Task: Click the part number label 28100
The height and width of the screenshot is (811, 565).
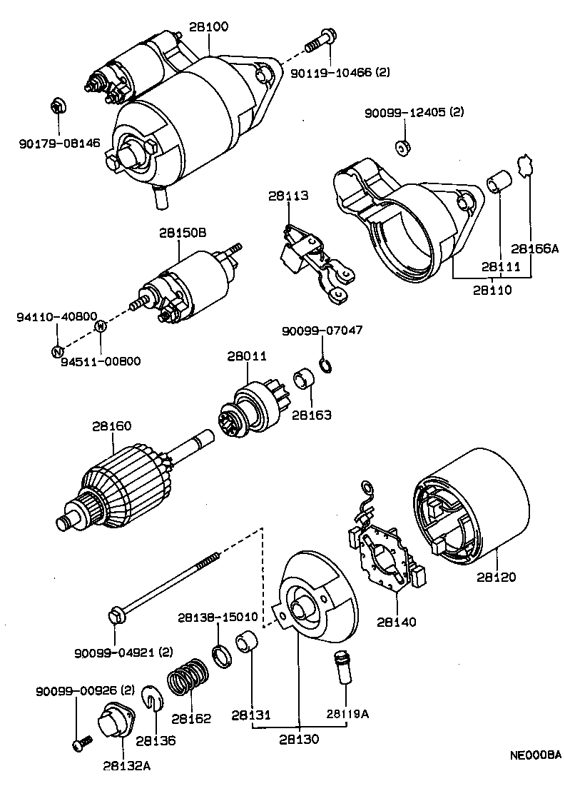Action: pyautogui.click(x=209, y=27)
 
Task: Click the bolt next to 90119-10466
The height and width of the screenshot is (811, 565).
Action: pyautogui.click(x=320, y=41)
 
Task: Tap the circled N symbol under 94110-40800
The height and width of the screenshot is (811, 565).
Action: pyautogui.click(x=56, y=351)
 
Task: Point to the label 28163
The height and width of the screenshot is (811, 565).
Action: pyautogui.click(x=312, y=414)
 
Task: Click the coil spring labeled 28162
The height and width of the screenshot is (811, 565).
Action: pyautogui.click(x=188, y=679)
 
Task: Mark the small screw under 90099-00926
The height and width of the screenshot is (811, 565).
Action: pyautogui.click(x=80, y=744)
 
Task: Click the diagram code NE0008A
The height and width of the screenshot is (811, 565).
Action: pyautogui.click(x=535, y=755)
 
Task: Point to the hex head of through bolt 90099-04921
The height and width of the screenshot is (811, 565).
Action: pyautogui.click(x=115, y=613)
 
